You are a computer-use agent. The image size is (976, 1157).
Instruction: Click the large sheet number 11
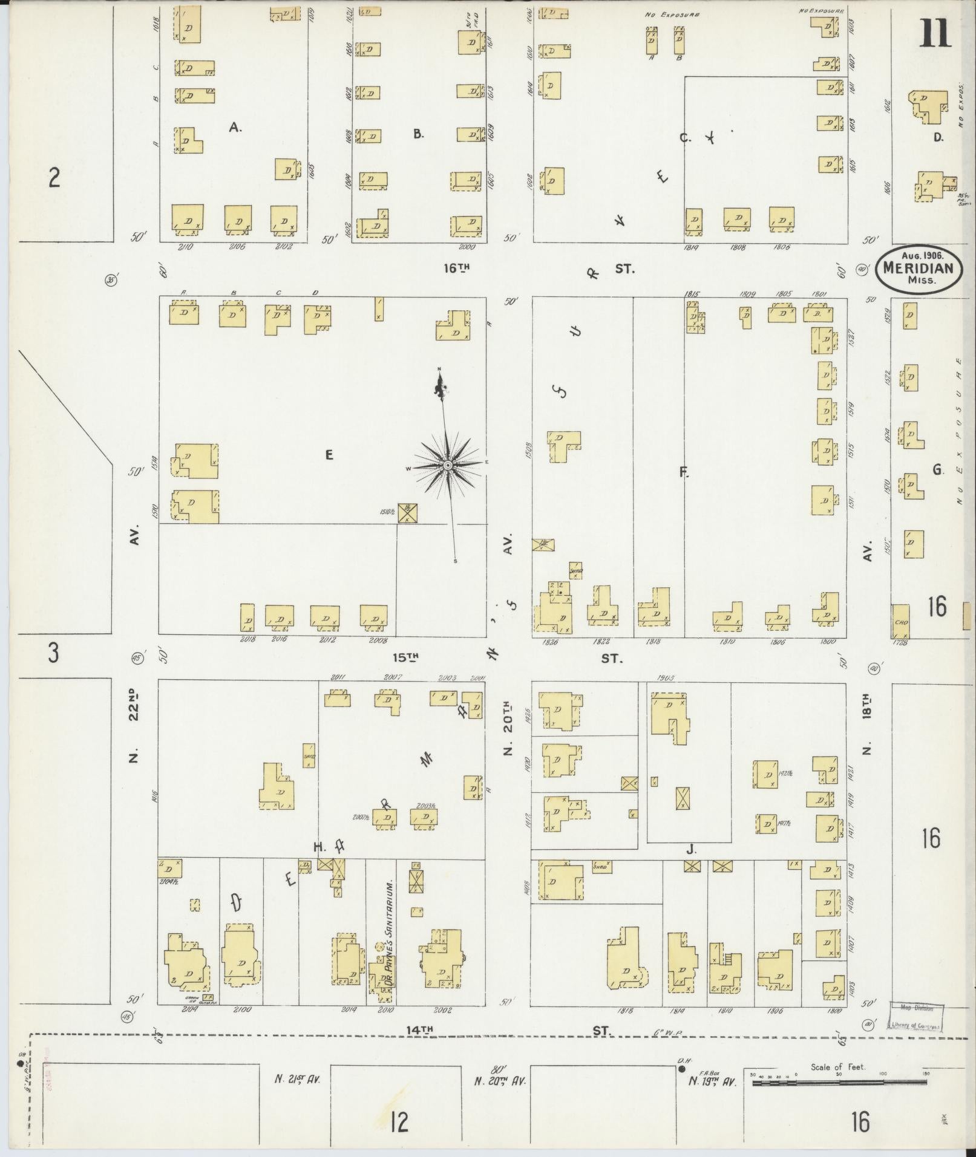[935, 33]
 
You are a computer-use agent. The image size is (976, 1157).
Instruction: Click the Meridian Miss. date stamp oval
[919, 269]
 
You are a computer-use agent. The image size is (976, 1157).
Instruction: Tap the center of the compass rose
[447, 465]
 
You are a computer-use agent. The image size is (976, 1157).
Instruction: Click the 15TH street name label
[406, 657]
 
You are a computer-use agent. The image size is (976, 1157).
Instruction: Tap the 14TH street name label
[420, 1029]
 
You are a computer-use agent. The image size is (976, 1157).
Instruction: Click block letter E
[329, 455]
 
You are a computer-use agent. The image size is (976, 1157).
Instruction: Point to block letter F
[684, 472]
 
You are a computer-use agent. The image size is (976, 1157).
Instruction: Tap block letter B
[418, 134]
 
